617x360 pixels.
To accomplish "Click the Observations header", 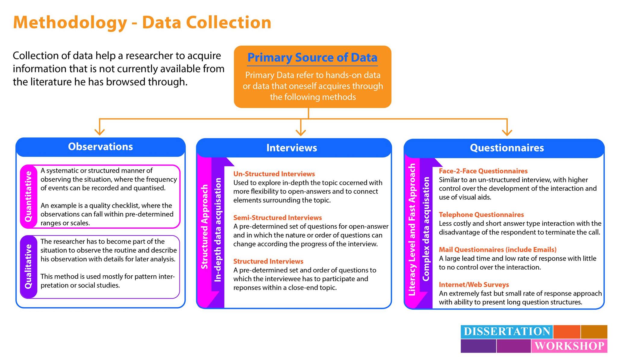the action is pyautogui.click(x=100, y=147).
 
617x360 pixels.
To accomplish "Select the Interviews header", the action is pyautogui.click(x=292, y=148).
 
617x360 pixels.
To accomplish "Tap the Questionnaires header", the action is pyautogui.click(x=507, y=148).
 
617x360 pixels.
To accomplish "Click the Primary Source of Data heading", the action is pyautogui.click(x=312, y=58).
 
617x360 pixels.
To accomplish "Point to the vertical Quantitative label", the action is pyautogui.click(x=28, y=196).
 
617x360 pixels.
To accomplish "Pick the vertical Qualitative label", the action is pyautogui.click(x=28, y=267).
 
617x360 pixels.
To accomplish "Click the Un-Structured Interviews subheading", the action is pyautogui.click(x=274, y=174).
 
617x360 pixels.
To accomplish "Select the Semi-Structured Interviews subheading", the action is pyautogui.click(x=277, y=218).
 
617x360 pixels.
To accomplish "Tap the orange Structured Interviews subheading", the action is pyautogui.click(x=268, y=261).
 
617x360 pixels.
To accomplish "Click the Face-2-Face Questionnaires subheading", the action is pyautogui.click(x=483, y=171).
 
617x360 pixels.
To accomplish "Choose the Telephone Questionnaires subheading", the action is pyautogui.click(x=481, y=215).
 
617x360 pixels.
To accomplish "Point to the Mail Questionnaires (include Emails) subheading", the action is pyautogui.click(x=498, y=250).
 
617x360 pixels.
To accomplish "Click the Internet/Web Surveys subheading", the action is pyautogui.click(x=474, y=285).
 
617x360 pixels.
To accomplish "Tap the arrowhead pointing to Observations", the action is pyautogui.click(x=99, y=132).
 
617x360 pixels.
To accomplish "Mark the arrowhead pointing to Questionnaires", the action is pyautogui.click(x=507, y=132).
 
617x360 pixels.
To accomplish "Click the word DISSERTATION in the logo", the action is pyautogui.click(x=507, y=331).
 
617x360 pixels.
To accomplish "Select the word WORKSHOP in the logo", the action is pyautogui.click(x=569, y=346).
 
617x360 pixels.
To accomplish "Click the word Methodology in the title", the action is pyautogui.click(x=70, y=23).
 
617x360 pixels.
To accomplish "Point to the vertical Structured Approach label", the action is pyautogui.click(x=205, y=227).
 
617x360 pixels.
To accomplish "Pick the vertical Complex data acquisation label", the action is pyautogui.click(x=426, y=229).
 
